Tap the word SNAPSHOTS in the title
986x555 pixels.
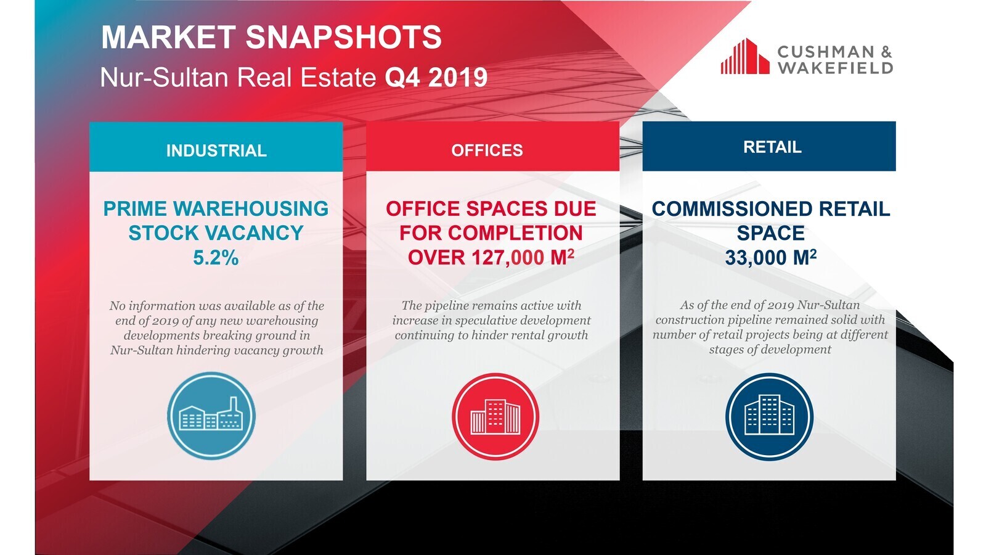coord(343,37)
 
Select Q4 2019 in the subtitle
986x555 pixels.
coord(436,78)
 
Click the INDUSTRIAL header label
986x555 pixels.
coord(216,150)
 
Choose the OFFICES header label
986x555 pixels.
coord(487,150)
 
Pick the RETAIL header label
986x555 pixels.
coord(772,147)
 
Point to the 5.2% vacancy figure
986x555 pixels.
coord(216,258)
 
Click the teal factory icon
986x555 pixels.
coord(211,416)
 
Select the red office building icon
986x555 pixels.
coord(495,417)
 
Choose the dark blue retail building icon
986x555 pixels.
coord(769,417)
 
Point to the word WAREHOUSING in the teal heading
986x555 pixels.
coord(251,209)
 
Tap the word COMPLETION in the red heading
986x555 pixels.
coord(515,233)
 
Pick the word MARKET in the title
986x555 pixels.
coord(169,37)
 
